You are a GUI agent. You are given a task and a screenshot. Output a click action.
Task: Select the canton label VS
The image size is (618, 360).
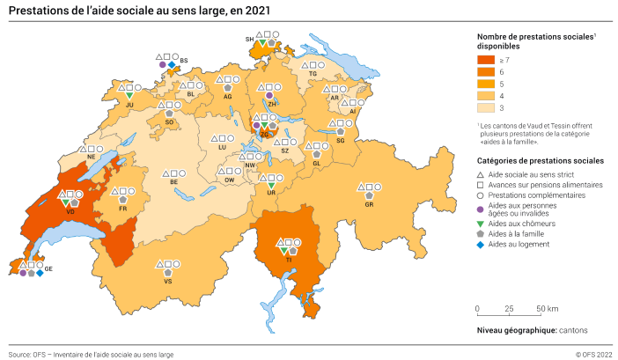pos(167,282)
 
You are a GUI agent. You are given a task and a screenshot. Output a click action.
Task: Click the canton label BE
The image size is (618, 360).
pos(174,182)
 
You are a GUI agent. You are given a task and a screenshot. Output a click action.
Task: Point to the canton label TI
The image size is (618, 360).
pos(289,261)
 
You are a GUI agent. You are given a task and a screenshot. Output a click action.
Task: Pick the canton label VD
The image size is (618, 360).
pos(70,211)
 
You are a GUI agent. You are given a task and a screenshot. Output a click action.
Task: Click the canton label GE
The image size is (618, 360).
pos(49,268)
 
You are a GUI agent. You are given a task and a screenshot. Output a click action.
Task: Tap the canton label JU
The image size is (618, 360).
pos(129,105)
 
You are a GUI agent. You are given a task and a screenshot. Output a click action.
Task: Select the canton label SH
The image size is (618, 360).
pos(249,40)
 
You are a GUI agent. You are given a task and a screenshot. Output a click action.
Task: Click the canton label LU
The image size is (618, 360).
pos(223,147)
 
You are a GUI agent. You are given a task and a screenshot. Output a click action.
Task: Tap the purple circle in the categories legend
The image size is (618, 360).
pos(481,209)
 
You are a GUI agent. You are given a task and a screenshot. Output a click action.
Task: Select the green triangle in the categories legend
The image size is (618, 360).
pos(481,224)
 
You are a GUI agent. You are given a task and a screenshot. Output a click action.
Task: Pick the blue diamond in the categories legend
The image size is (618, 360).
pos(481,244)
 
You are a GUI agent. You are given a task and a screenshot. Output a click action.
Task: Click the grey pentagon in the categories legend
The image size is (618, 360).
pos(481,234)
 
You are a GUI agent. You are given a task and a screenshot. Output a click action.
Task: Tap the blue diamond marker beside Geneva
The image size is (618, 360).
pos(40,274)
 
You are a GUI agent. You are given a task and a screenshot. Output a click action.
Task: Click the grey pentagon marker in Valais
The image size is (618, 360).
pos(167,273)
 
